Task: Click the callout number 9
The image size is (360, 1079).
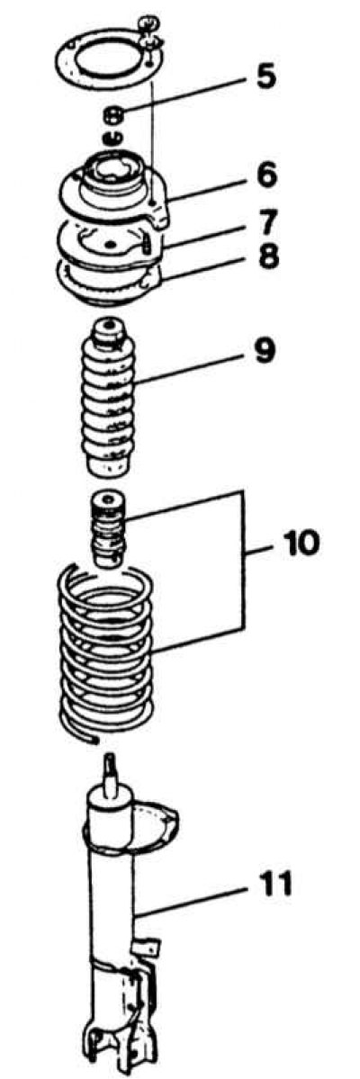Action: point(265,351)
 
